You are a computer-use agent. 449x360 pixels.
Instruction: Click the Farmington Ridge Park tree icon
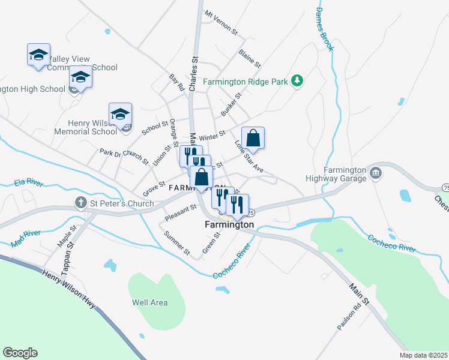(296, 81)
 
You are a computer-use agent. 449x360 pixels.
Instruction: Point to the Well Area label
(149, 302)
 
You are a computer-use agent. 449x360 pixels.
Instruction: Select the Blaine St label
(249, 58)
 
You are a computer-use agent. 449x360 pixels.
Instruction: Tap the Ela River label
(28, 182)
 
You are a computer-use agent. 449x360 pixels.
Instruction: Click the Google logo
(20, 353)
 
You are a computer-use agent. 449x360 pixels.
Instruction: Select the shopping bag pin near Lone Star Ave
(253, 138)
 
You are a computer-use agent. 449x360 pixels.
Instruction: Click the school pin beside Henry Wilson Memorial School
(120, 113)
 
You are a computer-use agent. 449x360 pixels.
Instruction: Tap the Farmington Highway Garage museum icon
(376, 174)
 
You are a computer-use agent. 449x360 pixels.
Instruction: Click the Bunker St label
(231, 104)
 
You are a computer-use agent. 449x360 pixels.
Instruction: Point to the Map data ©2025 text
(423, 355)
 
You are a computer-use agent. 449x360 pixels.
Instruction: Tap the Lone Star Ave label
(249, 157)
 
